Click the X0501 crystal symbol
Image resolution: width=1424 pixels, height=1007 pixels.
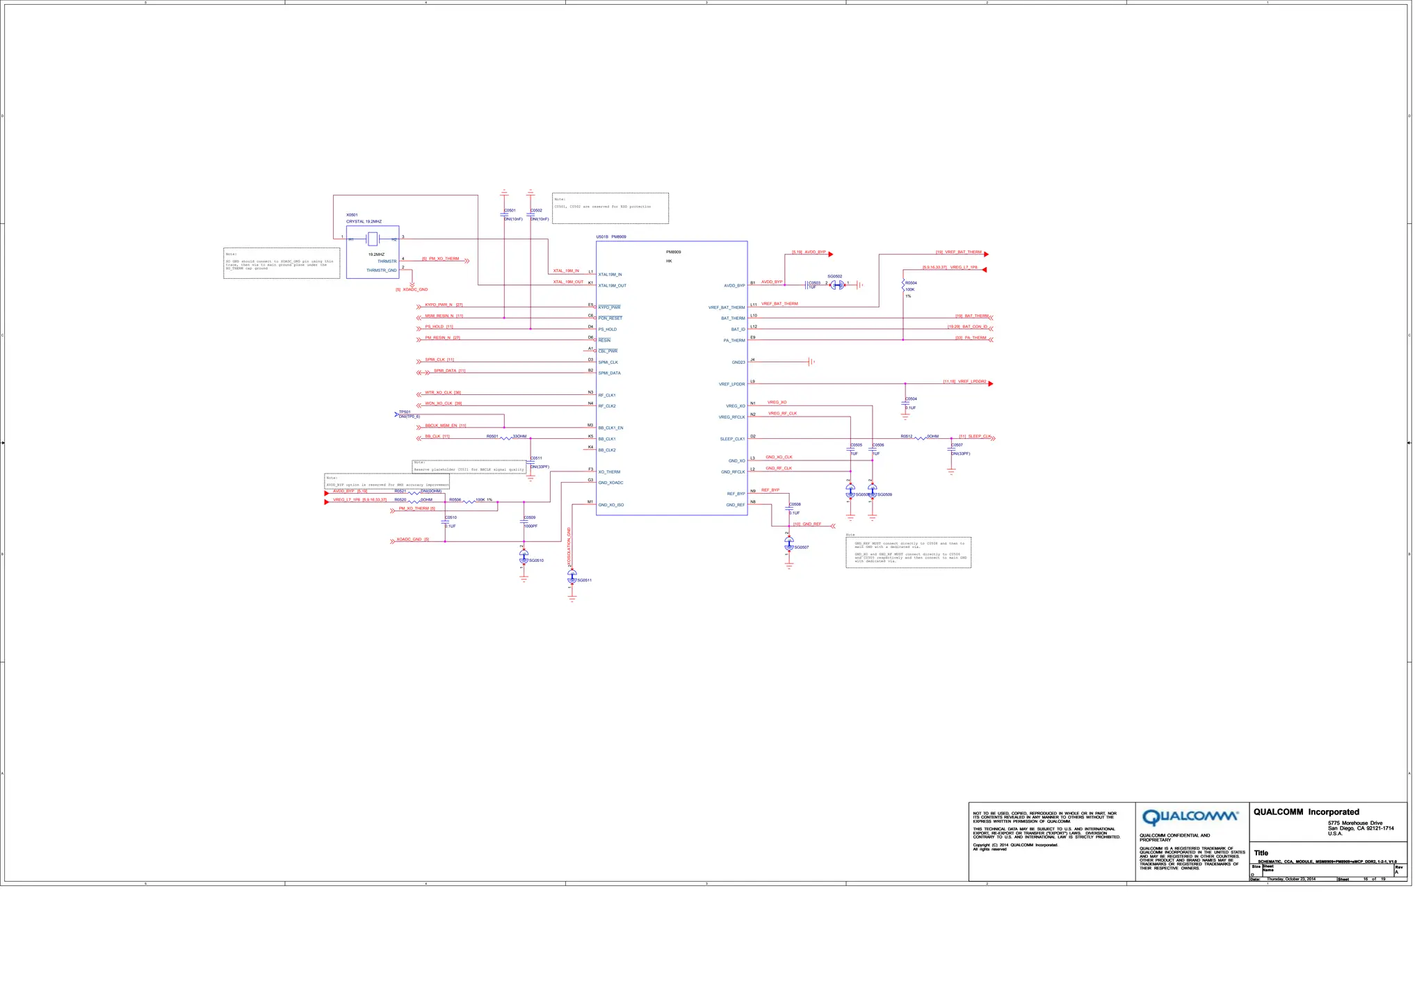[x=373, y=239]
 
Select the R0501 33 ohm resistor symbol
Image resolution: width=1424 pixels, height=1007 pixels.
[x=506, y=438]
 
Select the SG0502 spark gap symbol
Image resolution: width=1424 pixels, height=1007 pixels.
[x=837, y=284]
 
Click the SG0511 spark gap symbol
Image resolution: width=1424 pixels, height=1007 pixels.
[x=572, y=577]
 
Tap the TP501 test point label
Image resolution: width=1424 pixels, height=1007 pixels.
[x=405, y=412]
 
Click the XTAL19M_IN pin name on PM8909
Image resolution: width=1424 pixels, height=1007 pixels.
[x=610, y=275]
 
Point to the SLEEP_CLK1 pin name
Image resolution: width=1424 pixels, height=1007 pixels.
[x=732, y=440]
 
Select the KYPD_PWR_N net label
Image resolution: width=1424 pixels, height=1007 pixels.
[x=439, y=305]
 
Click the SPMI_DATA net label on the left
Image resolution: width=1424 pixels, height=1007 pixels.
[x=449, y=371]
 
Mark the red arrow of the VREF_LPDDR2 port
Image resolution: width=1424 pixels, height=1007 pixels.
[x=991, y=383]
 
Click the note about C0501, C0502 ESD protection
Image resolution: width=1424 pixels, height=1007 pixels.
[x=610, y=207]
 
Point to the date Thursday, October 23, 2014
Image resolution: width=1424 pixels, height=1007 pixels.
[x=1290, y=879]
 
